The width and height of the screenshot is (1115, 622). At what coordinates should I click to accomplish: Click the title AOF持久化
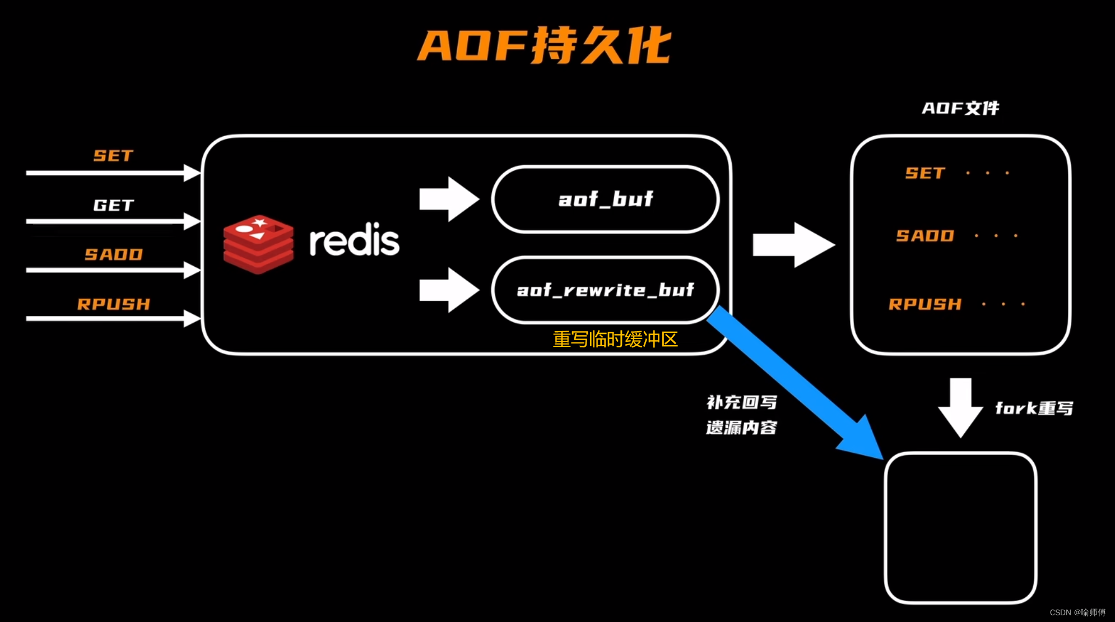(x=543, y=45)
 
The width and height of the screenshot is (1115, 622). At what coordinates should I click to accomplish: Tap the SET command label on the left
(x=113, y=156)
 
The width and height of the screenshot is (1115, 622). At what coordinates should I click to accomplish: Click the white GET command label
(x=113, y=205)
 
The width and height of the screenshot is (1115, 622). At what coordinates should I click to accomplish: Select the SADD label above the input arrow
(x=113, y=254)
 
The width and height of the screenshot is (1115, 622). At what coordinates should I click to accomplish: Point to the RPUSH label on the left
(x=113, y=304)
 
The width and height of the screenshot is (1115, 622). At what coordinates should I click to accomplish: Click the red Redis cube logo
(x=258, y=244)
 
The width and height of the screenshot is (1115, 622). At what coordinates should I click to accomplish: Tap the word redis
(x=354, y=240)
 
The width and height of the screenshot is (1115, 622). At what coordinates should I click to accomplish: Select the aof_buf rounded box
(x=605, y=199)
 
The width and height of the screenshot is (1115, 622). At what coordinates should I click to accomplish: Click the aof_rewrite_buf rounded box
(x=605, y=290)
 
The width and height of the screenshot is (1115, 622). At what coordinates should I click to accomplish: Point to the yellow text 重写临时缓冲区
(x=615, y=339)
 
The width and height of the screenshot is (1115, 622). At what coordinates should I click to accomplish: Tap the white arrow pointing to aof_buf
(x=448, y=199)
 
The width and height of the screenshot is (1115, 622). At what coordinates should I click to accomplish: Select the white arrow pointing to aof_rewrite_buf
(x=448, y=290)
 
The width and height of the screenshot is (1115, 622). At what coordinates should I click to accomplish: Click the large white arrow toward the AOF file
(x=793, y=245)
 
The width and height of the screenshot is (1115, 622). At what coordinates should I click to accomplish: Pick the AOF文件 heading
(x=960, y=108)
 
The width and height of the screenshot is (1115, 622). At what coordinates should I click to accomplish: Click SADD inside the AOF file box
(x=925, y=236)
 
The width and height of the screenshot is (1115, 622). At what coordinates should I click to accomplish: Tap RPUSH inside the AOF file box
(x=925, y=304)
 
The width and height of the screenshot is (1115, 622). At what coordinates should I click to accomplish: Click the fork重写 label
(x=1034, y=408)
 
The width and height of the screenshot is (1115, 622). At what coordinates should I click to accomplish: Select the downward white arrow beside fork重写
(x=960, y=407)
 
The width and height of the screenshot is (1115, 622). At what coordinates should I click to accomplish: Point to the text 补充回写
(x=741, y=402)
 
